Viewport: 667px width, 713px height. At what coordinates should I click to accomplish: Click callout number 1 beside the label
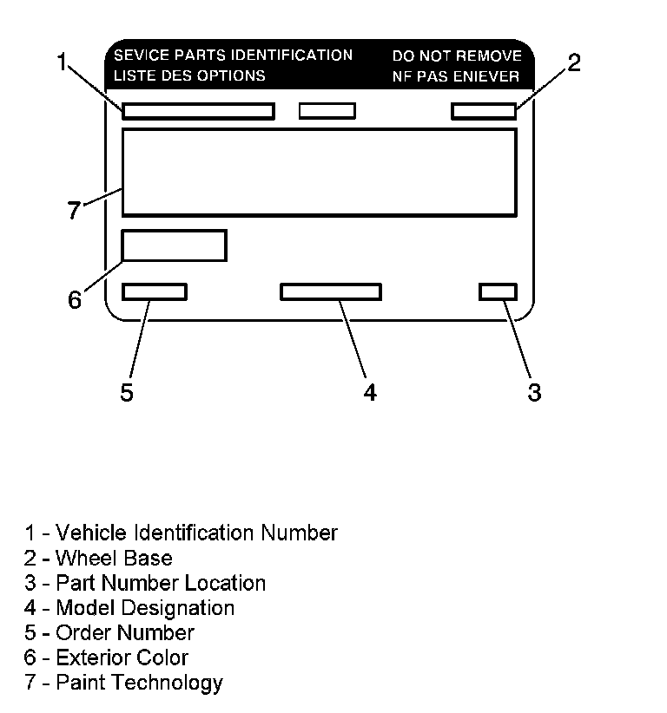[62, 62]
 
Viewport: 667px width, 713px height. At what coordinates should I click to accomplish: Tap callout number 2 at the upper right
[574, 62]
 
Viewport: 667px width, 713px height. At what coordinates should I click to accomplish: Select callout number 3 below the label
[534, 392]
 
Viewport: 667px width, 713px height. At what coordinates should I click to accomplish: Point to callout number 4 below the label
[370, 392]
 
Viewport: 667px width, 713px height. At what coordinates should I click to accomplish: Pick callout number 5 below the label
[127, 392]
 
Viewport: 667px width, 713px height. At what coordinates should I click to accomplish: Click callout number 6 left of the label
[75, 300]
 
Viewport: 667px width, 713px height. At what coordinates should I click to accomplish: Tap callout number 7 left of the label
[75, 210]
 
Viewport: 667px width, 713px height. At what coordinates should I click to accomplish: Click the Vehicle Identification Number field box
[198, 111]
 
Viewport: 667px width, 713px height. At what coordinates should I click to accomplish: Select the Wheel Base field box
[484, 111]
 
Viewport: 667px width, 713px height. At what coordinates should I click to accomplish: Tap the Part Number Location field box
[498, 291]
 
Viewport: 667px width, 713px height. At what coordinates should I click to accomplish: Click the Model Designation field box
[330, 291]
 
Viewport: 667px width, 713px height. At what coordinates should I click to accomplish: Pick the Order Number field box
[155, 291]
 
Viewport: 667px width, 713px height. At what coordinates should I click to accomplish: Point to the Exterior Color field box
[174, 245]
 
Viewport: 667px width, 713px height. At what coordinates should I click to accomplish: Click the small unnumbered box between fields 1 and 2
[327, 111]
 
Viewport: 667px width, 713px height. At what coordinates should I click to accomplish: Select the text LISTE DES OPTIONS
[189, 75]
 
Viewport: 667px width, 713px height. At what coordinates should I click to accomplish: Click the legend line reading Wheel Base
[98, 558]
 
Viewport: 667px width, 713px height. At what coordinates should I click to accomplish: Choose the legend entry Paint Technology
[123, 683]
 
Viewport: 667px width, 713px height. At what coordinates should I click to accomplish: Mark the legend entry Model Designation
[129, 608]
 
